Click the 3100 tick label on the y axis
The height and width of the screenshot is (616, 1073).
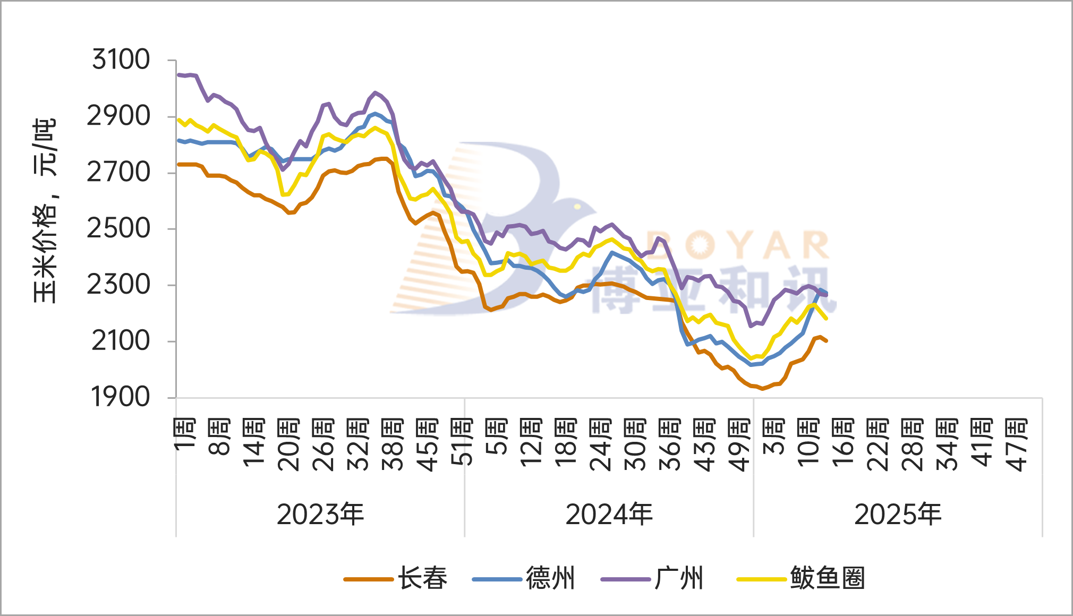point(121,59)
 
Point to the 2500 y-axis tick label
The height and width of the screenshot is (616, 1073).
point(119,229)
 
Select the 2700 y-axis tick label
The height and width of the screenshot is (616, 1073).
point(119,173)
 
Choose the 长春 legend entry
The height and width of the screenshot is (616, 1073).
point(422,578)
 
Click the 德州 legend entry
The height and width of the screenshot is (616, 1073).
point(550,578)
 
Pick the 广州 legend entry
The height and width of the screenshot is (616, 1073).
point(679,578)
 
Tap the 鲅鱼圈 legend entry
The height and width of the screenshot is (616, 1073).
point(827,578)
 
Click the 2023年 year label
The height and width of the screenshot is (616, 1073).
point(320,515)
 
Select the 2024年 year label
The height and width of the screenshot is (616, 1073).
point(609,515)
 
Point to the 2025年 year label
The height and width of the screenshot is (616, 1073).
point(898,515)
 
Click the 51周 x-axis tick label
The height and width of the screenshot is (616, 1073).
point(462,442)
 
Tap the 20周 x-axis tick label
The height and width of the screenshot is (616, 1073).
point(289,445)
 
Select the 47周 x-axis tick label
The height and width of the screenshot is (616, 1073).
point(1017,445)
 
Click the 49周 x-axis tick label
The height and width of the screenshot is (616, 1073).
point(739,445)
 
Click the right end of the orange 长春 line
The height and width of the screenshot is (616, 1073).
point(827,340)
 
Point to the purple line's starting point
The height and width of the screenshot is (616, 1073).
point(178,75)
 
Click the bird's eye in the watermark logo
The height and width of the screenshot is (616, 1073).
point(577,207)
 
